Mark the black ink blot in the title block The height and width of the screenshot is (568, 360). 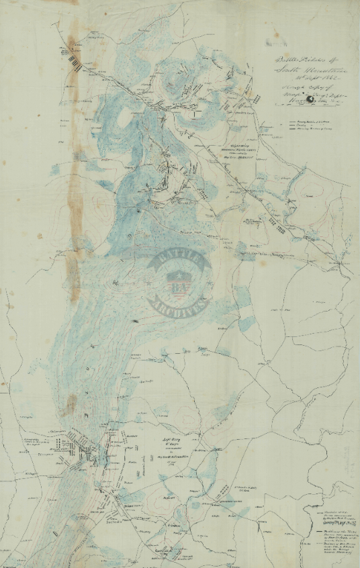pos(310,100)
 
